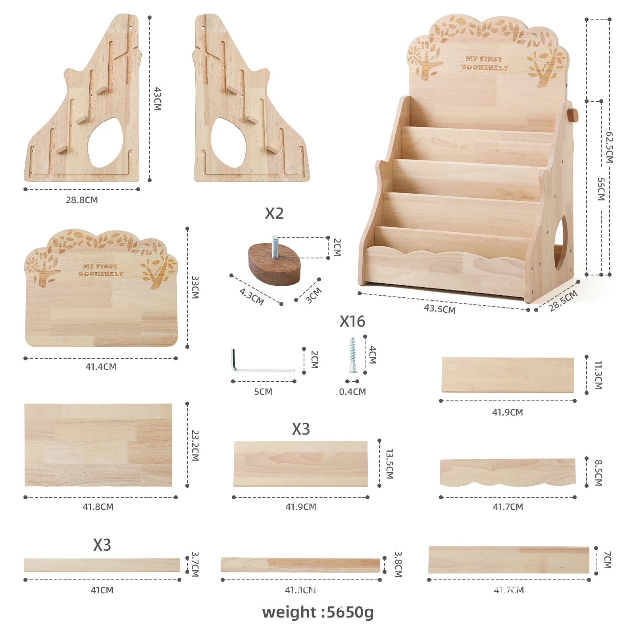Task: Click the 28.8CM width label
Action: (82, 200)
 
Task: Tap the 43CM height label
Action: (158, 99)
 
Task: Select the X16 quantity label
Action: (352, 321)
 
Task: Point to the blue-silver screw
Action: (352, 355)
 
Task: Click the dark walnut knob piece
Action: (274, 264)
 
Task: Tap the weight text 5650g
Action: (318, 612)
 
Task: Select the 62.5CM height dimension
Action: (609, 147)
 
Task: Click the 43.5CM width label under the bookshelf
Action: (440, 309)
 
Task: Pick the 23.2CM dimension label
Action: (195, 445)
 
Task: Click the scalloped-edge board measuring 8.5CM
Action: (508, 472)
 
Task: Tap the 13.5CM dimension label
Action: (389, 464)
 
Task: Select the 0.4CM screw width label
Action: (352, 392)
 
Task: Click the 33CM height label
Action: (195, 287)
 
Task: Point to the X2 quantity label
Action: (274, 214)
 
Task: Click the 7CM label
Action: (607, 560)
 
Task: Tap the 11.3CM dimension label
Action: (598, 375)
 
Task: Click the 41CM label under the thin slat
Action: (102, 590)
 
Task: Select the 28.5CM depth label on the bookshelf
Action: (563, 301)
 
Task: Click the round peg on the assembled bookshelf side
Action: (573, 115)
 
